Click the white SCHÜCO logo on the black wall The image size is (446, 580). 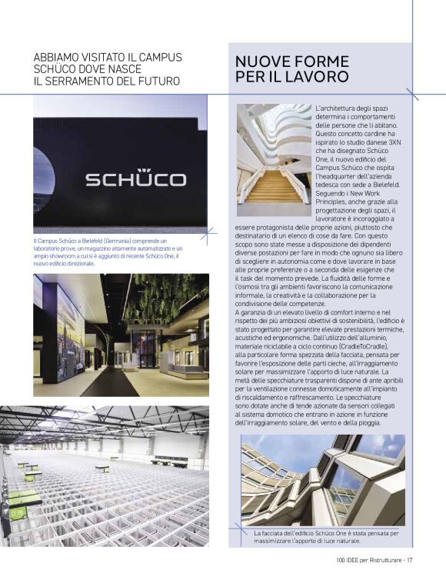[135, 179]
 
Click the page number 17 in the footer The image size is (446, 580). [411, 559]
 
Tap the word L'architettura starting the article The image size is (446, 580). [338, 108]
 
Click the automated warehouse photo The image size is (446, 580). [120, 477]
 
